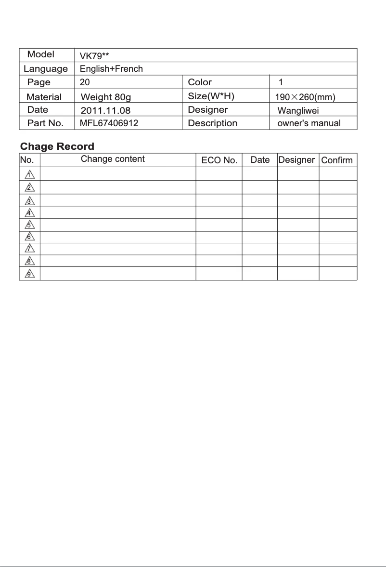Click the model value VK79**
coord(94,56)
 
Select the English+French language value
coord(111,69)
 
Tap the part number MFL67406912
coord(109,123)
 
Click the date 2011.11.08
coord(105,110)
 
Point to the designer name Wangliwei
coord(298,111)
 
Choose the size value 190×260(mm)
coord(305,97)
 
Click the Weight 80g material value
coord(106,98)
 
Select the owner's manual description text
coord(309,123)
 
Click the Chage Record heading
coord(57,146)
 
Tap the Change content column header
coord(113,159)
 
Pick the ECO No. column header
coord(219,160)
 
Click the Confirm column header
coord(337,160)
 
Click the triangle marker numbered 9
coord(29,274)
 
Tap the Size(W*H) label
coord(211,96)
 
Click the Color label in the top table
coord(200,82)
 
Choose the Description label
coord(212,123)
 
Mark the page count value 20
coord(85,82)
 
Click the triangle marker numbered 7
coord(29,249)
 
